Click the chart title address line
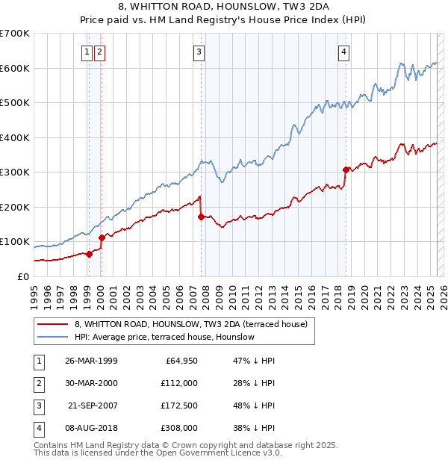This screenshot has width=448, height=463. tap(223, 7)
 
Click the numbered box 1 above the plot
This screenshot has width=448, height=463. tap(88, 52)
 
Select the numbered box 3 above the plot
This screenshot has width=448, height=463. tap(199, 52)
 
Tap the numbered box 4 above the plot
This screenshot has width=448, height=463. tap(343, 52)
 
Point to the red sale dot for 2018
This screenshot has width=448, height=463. tap(346, 170)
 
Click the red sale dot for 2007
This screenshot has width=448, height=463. tap(201, 217)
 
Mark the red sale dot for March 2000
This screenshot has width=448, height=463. tap(102, 237)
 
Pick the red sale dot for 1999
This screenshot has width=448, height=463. tap(89, 254)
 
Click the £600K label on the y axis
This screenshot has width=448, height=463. tap(14, 68)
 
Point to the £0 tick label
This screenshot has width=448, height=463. tap(22, 276)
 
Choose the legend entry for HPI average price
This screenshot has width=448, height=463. tap(164, 338)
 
